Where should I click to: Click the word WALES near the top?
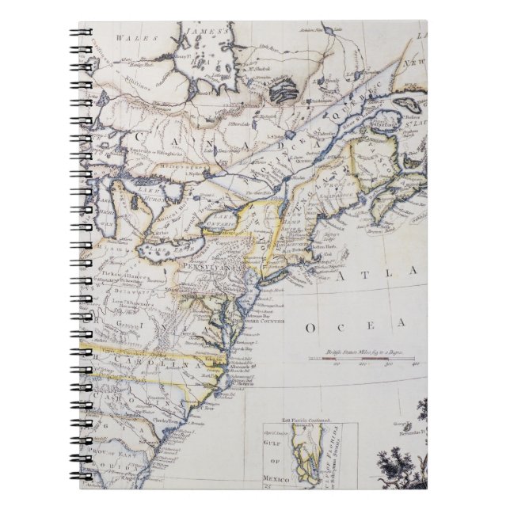click(127, 36)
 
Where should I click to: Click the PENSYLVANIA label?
click(212, 268)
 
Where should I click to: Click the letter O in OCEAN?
click(311, 326)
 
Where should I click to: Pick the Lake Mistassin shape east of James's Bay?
click(280, 93)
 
